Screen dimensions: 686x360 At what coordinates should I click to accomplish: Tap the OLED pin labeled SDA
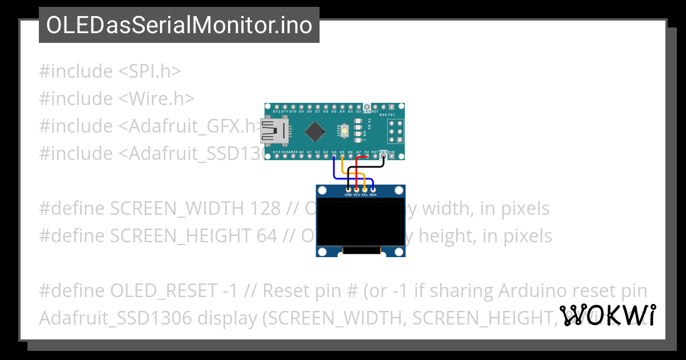(373, 189)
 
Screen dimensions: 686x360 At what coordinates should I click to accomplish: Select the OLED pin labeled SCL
(365, 189)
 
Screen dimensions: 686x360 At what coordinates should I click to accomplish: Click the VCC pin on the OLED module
(357, 189)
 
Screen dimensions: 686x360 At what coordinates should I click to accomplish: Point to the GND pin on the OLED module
(348, 189)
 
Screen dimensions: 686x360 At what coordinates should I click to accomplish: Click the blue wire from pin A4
(334, 169)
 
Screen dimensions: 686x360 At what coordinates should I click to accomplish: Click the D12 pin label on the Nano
(277, 112)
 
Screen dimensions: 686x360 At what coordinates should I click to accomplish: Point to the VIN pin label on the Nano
(392, 152)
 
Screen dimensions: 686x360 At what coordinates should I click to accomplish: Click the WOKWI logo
(607, 315)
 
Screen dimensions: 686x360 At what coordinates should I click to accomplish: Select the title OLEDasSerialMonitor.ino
(179, 25)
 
